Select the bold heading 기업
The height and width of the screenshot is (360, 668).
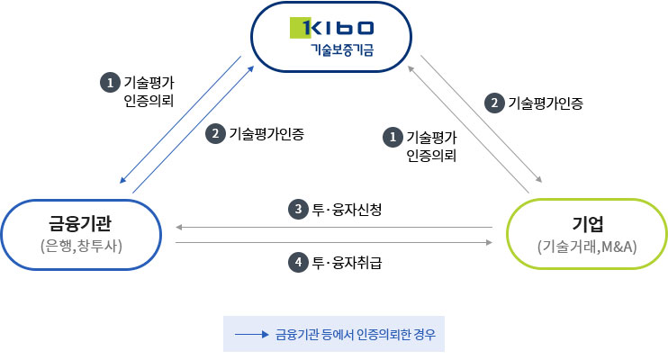587,222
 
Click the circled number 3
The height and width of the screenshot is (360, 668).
298,210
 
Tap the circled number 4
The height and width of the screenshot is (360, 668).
298,263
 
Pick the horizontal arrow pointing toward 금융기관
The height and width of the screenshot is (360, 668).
333,227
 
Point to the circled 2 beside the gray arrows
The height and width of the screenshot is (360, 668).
494,103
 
